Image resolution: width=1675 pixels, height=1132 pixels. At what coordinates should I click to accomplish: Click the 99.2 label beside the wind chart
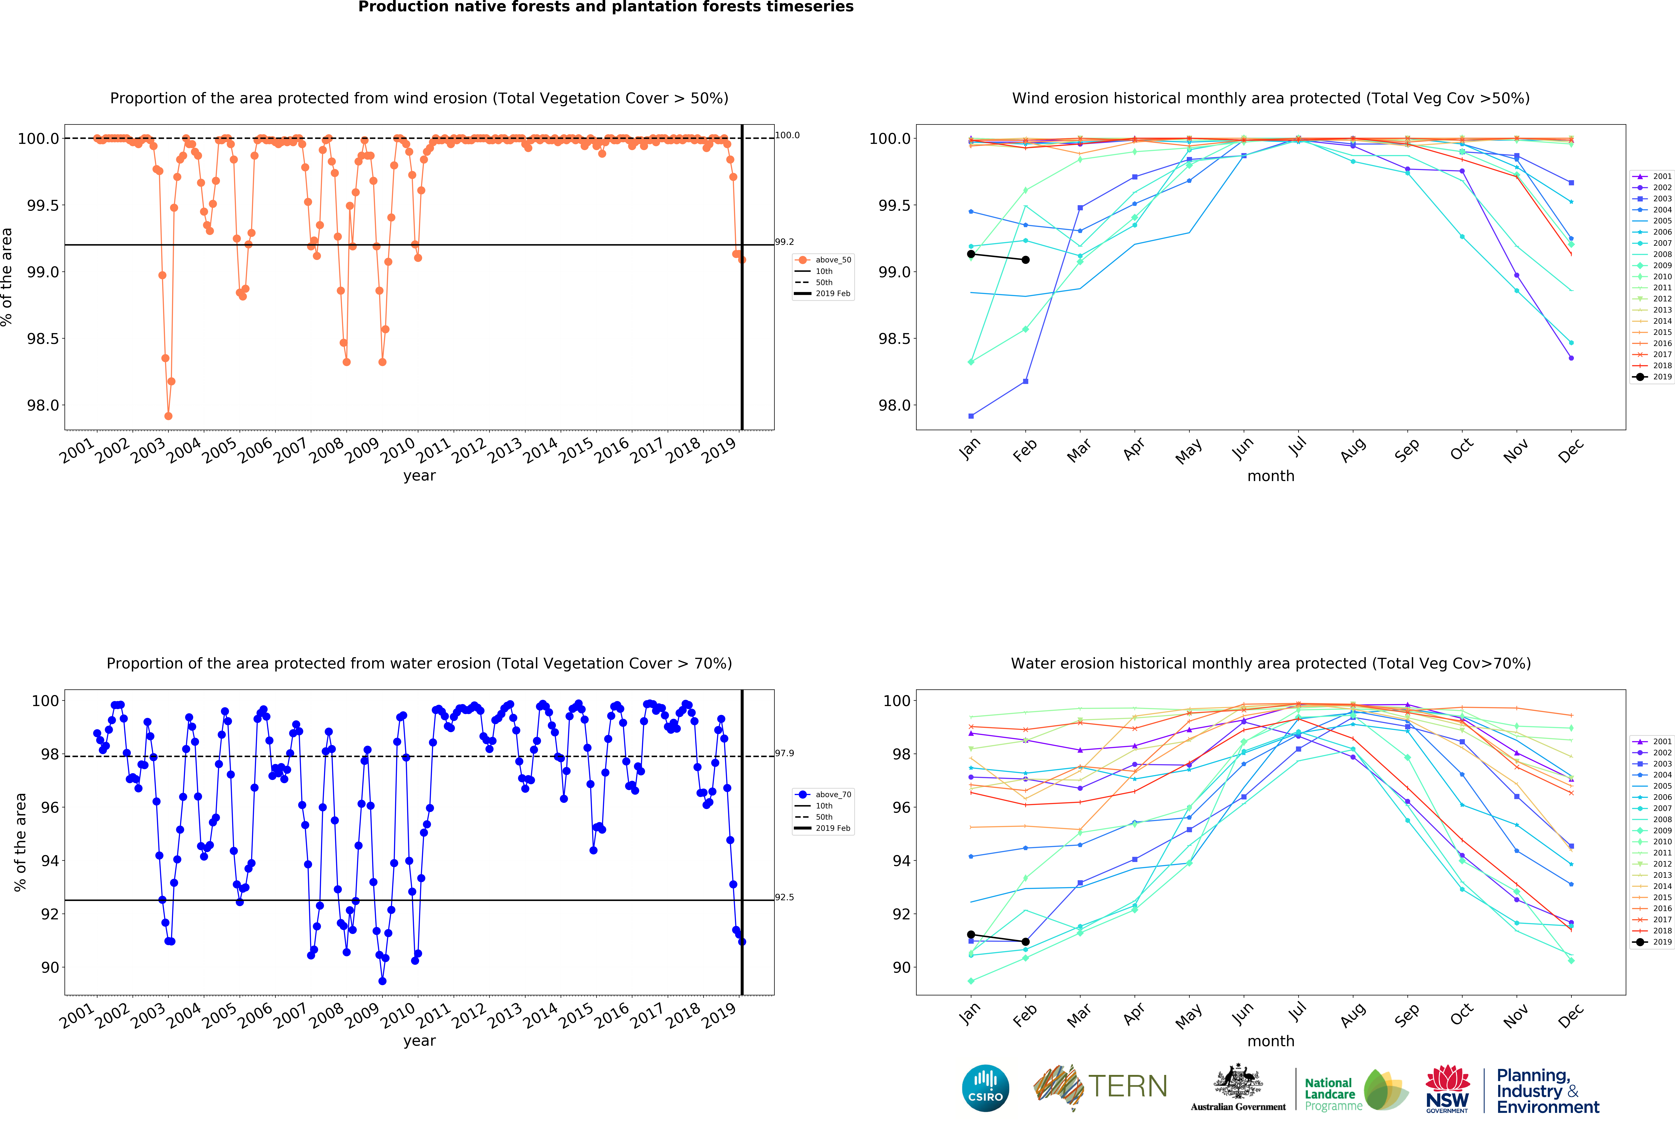click(784, 242)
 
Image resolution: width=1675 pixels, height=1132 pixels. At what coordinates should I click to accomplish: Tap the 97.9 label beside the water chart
click(784, 753)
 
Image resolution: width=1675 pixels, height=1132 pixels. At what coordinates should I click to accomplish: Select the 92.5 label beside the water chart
click(784, 897)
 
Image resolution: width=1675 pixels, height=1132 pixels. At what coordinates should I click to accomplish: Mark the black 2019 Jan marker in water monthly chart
click(971, 935)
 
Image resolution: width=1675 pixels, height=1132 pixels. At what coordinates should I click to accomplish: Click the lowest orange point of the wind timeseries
click(168, 416)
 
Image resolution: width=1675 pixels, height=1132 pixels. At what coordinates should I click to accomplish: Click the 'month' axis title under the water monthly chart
click(1271, 1041)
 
